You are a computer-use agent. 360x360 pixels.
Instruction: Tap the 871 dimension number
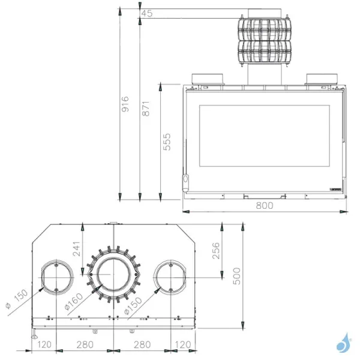pos(145,108)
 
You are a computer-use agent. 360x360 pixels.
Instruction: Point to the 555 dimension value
pos(167,142)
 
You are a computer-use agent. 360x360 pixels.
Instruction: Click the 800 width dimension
pos(265,205)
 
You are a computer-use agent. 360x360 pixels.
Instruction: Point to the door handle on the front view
pos(185,180)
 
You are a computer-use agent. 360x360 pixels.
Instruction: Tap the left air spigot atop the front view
pos(208,79)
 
